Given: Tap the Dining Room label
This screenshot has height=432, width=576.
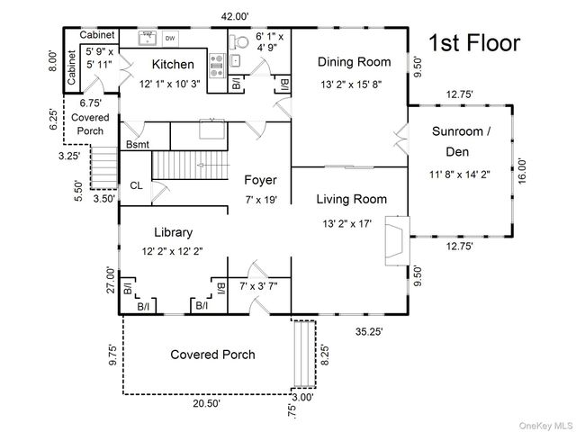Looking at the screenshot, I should pyautogui.click(x=354, y=62).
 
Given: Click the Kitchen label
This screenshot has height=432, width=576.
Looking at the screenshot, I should pyautogui.click(x=172, y=64).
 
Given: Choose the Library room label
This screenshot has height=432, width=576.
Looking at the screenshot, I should pyautogui.click(x=172, y=232).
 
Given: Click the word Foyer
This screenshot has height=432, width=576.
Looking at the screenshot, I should pyautogui.click(x=260, y=180).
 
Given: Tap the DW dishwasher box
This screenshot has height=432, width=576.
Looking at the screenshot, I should pyautogui.click(x=169, y=39).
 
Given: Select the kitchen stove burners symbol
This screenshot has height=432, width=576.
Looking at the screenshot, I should pyautogui.click(x=217, y=62).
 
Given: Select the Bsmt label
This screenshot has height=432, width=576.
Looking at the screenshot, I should pyautogui.click(x=138, y=144).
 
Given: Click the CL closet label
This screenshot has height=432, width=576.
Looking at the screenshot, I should pyautogui.click(x=136, y=185).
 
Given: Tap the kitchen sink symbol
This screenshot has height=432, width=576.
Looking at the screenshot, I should pyautogui.click(x=147, y=37).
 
